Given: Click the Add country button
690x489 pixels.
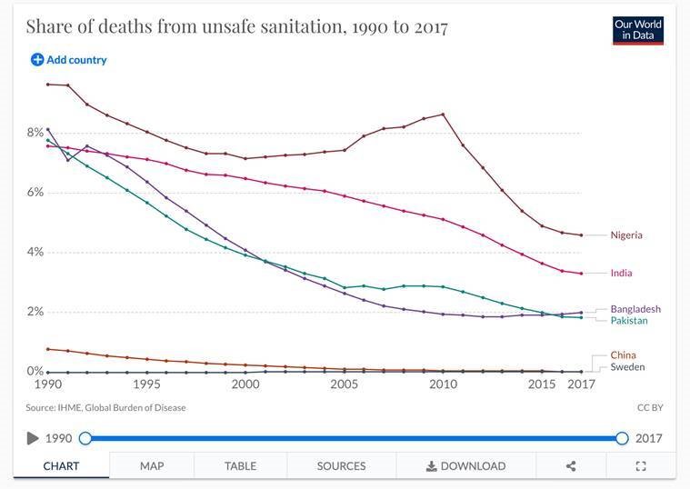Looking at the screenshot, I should (69, 60).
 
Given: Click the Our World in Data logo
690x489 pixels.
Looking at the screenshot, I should (638, 29).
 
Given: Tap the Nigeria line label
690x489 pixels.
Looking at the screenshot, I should (626, 235).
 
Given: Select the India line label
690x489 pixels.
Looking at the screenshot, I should (621, 273).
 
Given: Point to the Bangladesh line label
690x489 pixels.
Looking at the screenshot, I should (635, 309).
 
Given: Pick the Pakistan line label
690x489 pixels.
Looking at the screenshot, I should (629, 321).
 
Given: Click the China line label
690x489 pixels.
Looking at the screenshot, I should (623, 355).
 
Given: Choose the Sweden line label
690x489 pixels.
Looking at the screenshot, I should (627, 367).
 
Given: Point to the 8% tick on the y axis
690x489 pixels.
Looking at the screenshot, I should (34, 133).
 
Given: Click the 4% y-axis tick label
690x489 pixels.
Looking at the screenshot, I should (34, 252).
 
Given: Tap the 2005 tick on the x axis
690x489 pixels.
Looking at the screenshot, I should (344, 384).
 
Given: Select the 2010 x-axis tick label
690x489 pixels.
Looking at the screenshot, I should (443, 384).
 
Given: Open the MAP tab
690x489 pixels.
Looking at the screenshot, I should (152, 466).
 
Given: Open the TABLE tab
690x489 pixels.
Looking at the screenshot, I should (240, 466).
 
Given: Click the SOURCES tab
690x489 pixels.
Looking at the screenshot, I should (341, 466).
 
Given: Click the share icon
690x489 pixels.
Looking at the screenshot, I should (571, 466).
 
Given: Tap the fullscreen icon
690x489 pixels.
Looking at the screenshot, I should (640, 466).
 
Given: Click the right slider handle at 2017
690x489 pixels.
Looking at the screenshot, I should (622, 438).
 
